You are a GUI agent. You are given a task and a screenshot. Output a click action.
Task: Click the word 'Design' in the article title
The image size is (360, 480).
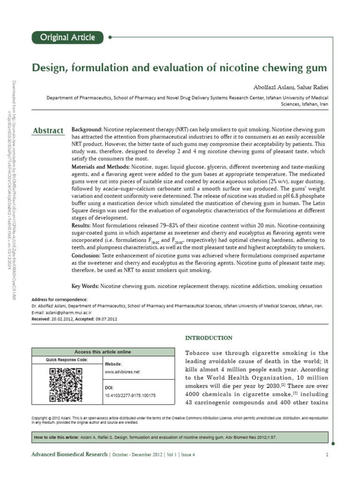pos(47,68)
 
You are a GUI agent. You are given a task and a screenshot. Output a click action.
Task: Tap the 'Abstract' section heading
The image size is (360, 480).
pos(48,131)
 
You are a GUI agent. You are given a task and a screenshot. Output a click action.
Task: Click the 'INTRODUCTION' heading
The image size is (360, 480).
pos(209,337)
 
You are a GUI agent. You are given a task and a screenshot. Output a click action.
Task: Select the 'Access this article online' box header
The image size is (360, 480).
pos(103,352)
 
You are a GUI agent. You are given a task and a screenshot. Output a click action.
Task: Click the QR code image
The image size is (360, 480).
pos(66,385)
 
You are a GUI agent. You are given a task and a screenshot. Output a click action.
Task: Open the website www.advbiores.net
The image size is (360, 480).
pos(122,372)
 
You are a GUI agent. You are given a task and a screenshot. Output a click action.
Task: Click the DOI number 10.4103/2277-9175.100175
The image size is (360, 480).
pos(130,396)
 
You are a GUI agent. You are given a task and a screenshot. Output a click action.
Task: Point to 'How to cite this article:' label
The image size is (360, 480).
pos(57,437)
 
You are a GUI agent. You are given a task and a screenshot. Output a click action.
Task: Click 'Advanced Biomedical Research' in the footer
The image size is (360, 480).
pos(69,455)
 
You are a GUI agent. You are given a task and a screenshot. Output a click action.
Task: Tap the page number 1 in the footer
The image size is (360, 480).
pos(327,455)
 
